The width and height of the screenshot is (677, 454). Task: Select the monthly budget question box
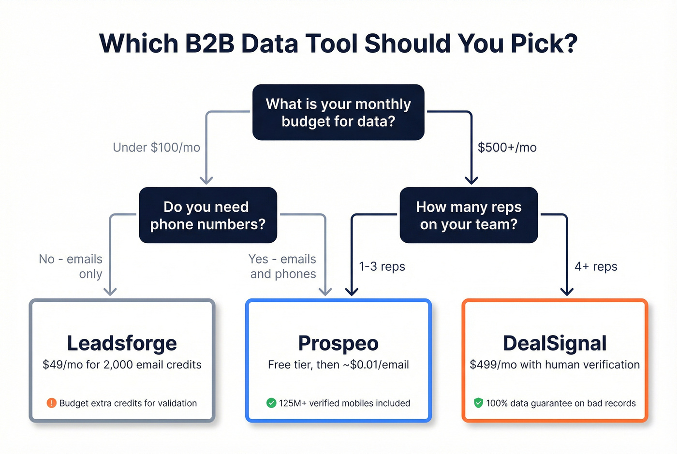338,112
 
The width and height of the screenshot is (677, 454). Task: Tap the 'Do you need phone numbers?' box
207,215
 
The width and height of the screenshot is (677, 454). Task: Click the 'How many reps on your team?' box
469,215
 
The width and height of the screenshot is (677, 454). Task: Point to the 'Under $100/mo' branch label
156,147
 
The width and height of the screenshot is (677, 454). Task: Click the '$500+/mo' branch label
507,147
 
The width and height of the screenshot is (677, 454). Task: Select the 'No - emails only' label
71,266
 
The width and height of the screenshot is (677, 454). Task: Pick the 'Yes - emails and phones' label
282,266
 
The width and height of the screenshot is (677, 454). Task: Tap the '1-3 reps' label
382,266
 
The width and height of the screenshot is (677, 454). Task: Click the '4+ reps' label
596,266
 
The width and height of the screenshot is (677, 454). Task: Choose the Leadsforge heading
122,343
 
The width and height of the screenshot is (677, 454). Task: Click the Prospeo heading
338,343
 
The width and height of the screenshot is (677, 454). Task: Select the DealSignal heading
555,343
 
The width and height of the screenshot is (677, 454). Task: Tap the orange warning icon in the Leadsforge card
51,403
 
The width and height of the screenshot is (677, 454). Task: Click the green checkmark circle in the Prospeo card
271,403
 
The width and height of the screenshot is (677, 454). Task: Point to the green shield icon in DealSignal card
478,403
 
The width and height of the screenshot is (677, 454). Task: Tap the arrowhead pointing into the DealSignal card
567,291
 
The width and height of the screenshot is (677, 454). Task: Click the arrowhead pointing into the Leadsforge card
110,291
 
